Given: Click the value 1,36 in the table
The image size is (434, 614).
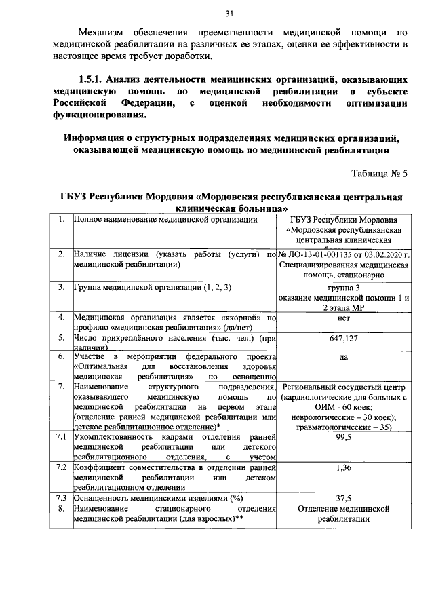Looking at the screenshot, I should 342,467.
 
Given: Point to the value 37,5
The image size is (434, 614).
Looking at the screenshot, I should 342,497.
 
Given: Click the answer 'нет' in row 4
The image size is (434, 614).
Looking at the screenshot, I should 342,317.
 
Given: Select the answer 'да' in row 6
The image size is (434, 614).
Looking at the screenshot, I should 342,357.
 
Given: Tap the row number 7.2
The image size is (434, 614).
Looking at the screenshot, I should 60,467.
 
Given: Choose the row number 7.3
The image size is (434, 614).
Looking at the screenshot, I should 60,497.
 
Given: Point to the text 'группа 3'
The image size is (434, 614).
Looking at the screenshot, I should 342,288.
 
